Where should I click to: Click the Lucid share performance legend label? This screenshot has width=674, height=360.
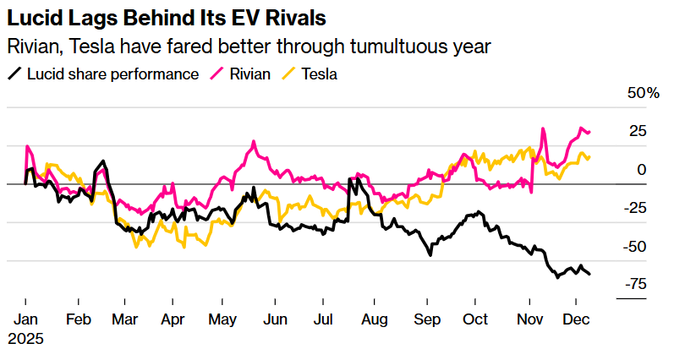pos(112,74)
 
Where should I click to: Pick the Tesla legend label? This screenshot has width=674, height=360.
pos(321,74)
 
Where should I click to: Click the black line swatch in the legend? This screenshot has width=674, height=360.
pos(14,74)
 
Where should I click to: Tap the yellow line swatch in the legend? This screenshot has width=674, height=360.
pos(288,74)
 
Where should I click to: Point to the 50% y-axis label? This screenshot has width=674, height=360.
pos(644,93)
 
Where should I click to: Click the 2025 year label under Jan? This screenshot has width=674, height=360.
pos(25,339)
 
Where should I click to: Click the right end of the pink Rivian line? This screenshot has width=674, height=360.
pos(589,132)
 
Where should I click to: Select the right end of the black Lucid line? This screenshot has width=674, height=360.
pos(589,273)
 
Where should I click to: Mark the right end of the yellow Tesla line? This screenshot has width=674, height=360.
pos(589,156)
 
